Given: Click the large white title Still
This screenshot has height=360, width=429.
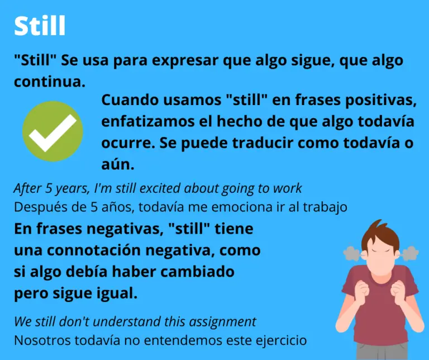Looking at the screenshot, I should [40, 25].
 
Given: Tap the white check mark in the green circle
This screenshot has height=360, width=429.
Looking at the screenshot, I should [53, 132].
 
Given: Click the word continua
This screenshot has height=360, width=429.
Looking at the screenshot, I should [50, 81].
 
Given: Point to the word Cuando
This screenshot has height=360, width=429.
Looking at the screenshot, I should [128, 101].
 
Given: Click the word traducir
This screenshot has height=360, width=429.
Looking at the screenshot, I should [254, 143].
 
